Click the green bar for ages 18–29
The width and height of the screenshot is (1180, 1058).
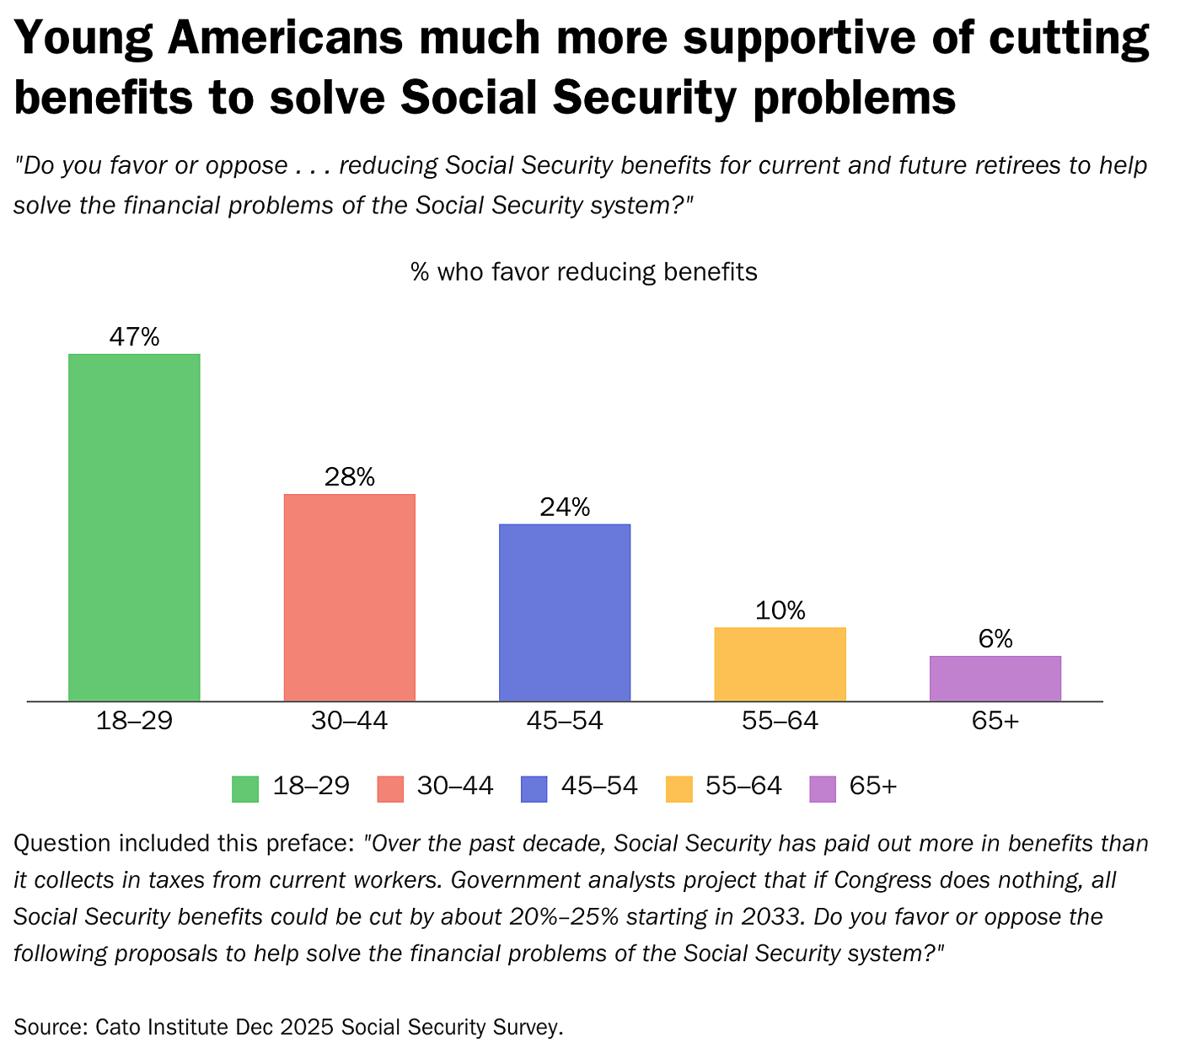(x=134, y=527)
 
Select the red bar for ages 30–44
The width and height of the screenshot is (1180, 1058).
(x=350, y=597)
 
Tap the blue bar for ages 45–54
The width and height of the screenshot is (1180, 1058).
(x=565, y=612)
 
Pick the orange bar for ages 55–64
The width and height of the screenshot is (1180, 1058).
(x=780, y=663)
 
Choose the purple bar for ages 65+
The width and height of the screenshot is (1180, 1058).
(x=995, y=678)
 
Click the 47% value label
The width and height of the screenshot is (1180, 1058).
(x=134, y=337)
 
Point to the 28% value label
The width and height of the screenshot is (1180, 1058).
(x=350, y=477)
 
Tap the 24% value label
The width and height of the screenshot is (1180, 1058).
(x=565, y=508)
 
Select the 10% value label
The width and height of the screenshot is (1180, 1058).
(x=780, y=610)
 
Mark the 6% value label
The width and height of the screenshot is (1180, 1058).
(x=995, y=639)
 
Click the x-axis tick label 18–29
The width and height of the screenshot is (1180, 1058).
(x=134, y=722)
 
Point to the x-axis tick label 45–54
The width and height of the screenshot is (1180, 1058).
(x=565, y=722)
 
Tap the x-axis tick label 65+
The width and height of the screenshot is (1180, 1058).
(x=995, y=722)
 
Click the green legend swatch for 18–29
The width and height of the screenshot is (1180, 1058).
(x=245, y=788)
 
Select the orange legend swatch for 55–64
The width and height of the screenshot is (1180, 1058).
(x=678, y=788)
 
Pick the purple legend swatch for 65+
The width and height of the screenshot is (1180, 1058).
(x=823, y=788)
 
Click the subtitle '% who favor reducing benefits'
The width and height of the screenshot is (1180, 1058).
(x=583, y=272)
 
